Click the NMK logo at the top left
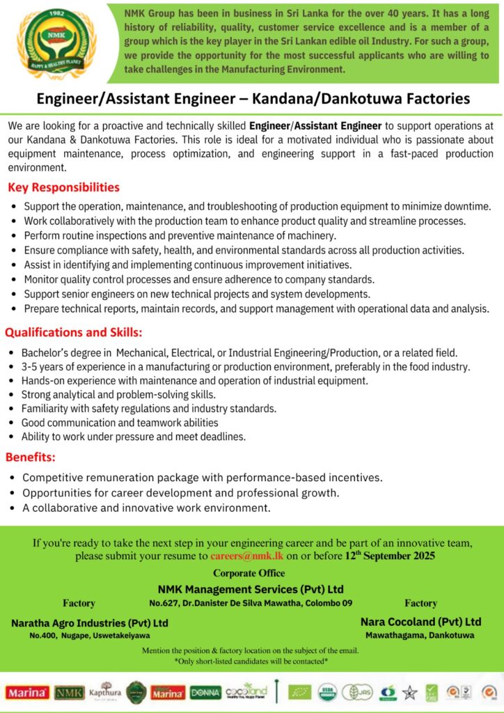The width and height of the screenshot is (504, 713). coord(56,42)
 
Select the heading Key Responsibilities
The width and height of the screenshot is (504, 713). coord(63,187)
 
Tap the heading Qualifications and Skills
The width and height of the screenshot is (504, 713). coord(74,332)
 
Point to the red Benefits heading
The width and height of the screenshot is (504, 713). coord(31,457)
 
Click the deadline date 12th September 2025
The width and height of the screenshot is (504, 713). coord(390,556)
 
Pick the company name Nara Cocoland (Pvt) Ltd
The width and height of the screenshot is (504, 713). coord(420,621)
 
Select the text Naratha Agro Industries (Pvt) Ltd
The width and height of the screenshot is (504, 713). coord(90,622)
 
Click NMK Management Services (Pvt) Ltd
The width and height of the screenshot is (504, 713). coord(251,588)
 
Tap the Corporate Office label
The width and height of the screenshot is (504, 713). coord(249,573)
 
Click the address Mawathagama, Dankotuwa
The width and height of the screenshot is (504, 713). coord(420,635)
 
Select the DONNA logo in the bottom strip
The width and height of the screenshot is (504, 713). coord(205,692)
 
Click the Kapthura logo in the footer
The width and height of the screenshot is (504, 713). coord(105,691)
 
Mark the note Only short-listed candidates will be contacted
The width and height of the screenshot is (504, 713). coord(251,661)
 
